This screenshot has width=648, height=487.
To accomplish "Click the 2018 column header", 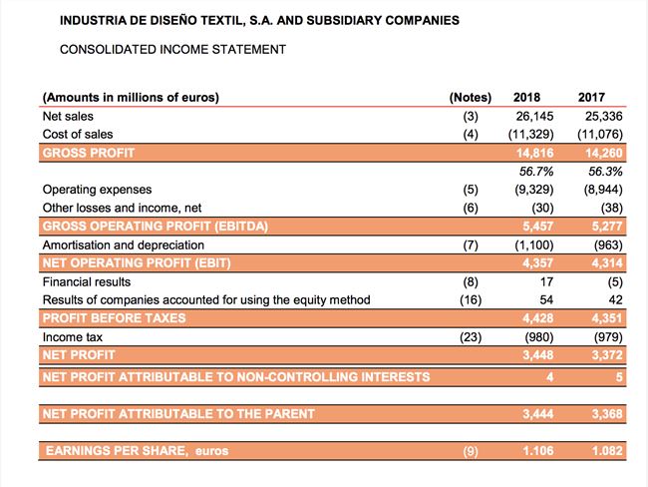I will click(526, 97).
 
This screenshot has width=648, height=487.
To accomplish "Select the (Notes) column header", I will click(471, 97).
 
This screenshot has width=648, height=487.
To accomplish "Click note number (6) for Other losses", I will click(472, 207).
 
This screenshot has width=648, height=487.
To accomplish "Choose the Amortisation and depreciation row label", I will click(124, 244).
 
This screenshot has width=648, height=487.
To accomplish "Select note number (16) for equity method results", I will click(469, 299).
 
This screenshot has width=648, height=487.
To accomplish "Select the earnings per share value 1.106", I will click(538, 452).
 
